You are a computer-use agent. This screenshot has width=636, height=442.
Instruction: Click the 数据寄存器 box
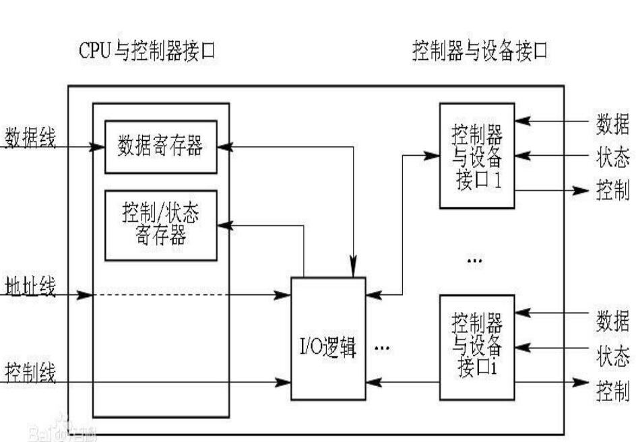160,146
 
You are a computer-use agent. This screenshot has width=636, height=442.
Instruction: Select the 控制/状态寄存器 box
160,224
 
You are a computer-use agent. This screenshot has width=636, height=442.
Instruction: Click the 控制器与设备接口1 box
476,156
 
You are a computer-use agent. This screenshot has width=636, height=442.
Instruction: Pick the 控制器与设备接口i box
476,346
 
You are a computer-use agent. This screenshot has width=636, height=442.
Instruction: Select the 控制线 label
31,371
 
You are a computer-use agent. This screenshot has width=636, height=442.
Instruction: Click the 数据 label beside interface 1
612,124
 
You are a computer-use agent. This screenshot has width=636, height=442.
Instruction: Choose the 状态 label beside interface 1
612,157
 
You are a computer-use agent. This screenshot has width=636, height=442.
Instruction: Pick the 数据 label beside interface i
612,322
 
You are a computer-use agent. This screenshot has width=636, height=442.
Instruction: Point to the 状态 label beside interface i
612,355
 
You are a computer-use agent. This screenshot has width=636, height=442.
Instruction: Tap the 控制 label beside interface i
612,389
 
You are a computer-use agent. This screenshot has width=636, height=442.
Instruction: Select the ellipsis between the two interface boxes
474,259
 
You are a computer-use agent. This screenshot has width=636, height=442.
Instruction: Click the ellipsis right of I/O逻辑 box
382,348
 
